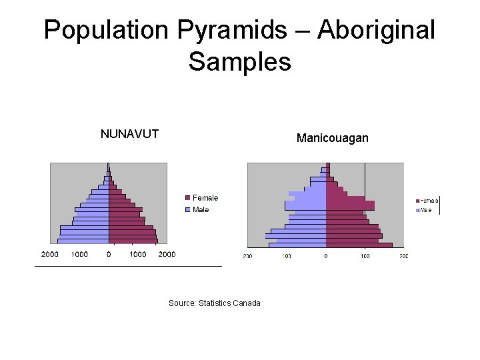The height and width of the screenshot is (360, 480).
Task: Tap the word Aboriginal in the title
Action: tap(377, 31)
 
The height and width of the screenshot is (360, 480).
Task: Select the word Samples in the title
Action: tap(239, 62)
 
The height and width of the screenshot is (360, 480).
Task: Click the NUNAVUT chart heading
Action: tap(129, 134)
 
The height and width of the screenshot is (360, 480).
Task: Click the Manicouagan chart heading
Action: tap(332, 139)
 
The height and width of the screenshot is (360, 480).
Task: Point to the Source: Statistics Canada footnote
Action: tap(215, 303)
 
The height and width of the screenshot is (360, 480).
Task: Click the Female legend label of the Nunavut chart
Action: tap(205, 198)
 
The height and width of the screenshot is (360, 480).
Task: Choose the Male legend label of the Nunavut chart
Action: tap(201, 210)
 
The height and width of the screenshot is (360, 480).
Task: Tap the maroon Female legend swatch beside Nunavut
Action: tap(188, 198)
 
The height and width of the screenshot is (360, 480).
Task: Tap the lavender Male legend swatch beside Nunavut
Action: tap(188, 210)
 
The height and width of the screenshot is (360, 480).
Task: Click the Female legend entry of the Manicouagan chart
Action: tap(429, 200)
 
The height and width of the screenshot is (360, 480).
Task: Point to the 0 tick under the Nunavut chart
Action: tap(109, 254)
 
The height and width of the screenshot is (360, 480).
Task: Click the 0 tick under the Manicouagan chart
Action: tap(326, 256)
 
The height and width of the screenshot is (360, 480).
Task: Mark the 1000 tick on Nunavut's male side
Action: tap(79, 254)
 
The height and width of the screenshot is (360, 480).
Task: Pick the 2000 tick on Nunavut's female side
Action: tap(167, 254)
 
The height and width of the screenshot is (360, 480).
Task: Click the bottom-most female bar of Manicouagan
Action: tap(359, 245)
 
